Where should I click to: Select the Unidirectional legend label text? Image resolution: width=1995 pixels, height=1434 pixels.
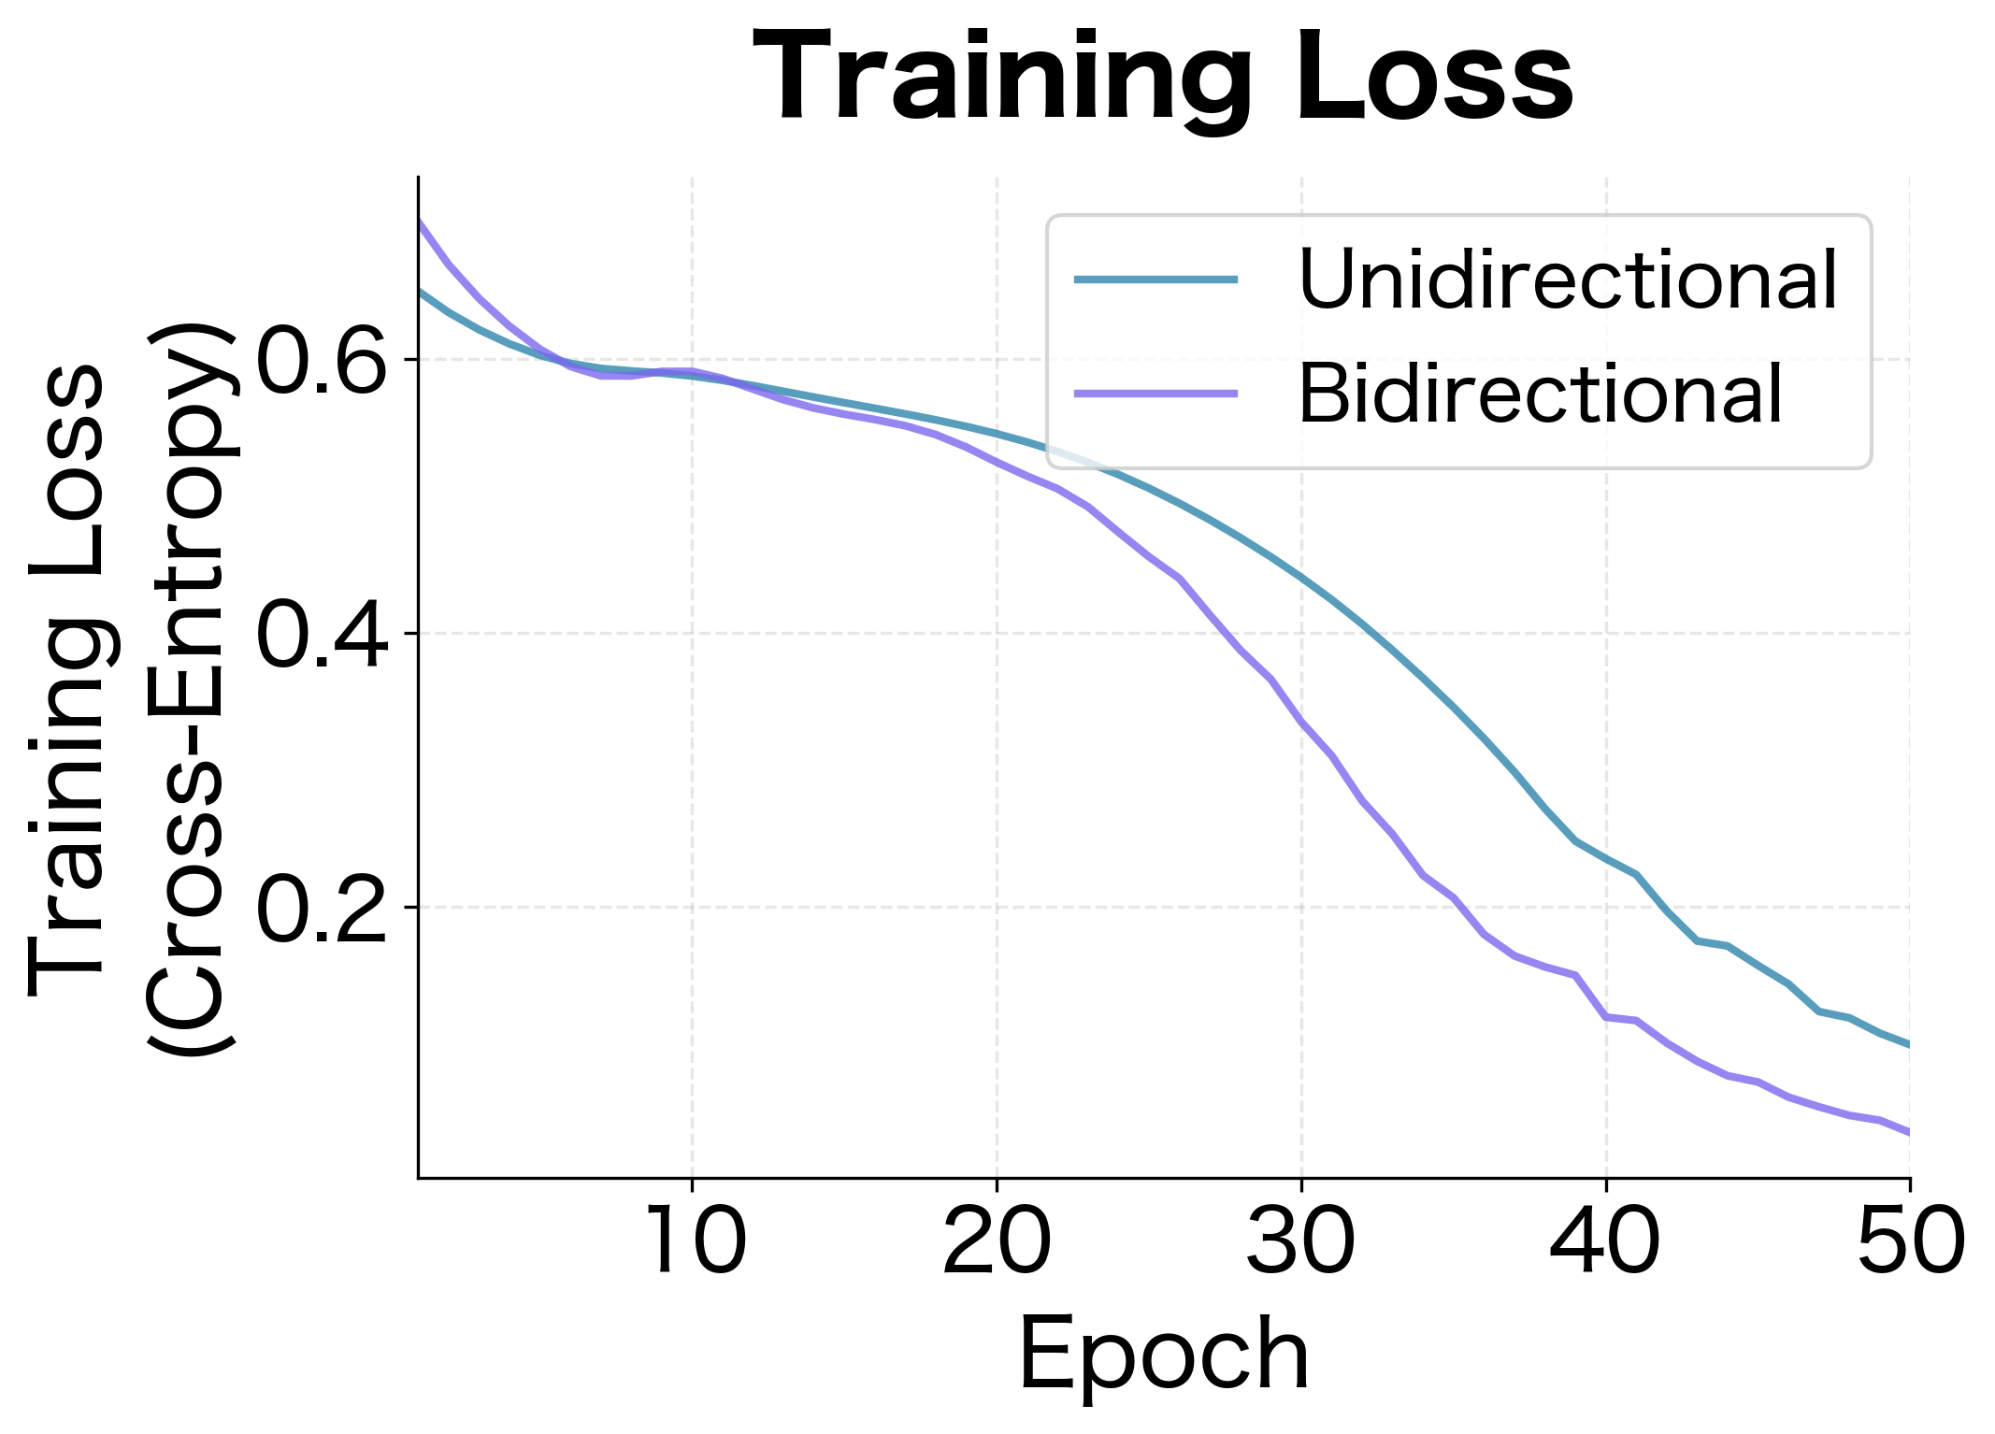point(1568,280)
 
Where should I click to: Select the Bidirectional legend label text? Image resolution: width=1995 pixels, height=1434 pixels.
point(1540,395)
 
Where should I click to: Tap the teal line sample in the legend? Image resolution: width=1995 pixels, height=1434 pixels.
point(1155,280)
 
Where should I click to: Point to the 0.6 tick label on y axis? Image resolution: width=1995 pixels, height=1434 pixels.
point(321,360)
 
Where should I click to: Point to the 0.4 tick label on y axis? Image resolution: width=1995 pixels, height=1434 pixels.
point(321,634)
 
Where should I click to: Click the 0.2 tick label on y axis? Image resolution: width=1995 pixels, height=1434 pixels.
point(321,908)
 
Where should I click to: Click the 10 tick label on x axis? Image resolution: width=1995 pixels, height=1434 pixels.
point(693,1242)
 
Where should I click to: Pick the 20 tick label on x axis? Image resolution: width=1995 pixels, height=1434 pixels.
point(997,1242)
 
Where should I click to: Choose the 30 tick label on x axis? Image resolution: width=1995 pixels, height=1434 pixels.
point(1301,1242)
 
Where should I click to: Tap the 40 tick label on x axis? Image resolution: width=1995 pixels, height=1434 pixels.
point(1605,1242)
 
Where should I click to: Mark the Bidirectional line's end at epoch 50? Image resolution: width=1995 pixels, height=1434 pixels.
point(1908,1132)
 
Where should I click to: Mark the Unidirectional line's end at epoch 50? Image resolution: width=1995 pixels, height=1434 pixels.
point(1908,1044)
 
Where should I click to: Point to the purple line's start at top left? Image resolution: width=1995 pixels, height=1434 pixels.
point(420,222)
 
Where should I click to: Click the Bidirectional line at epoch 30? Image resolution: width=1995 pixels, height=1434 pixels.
point(1301,721)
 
